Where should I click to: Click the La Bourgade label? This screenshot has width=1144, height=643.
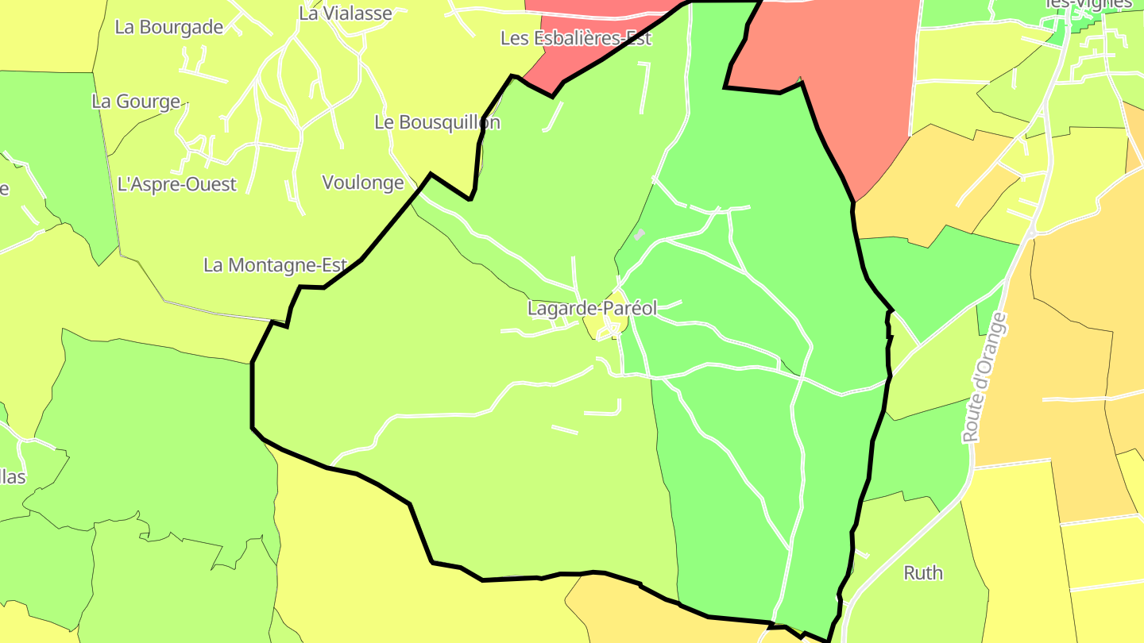(169, 27)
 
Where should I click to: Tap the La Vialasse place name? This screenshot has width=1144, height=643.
(346, 13)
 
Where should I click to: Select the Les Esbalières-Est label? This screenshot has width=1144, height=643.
(576, 38)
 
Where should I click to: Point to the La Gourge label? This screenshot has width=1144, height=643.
(136, 102)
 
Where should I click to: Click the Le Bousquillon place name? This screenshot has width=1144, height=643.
(437, 122)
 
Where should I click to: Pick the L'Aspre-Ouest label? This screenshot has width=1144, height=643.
(177, 184)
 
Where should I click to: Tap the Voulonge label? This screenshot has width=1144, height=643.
(363, 183)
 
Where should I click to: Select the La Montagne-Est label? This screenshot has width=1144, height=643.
(275, 265)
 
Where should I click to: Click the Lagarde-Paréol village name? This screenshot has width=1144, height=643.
(592, 309)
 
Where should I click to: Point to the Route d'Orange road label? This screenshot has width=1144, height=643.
(984, 377)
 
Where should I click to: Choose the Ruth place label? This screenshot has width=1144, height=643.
(923, 572)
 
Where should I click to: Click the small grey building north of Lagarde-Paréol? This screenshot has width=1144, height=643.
(640, 234)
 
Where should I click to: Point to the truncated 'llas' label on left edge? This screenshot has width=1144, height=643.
(13, 477)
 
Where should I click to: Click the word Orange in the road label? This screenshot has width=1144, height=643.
(988, 349)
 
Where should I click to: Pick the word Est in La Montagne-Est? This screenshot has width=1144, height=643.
(332, 265)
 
